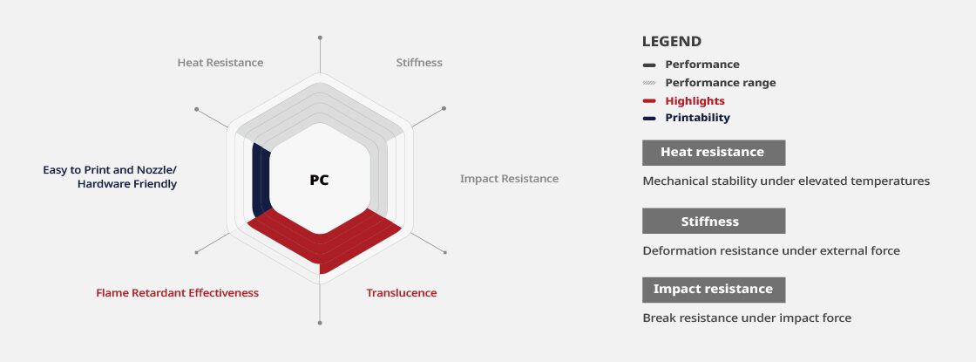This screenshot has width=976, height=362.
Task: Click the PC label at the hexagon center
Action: (x=319, y=180)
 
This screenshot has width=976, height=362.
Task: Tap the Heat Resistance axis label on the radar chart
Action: (x=220, y=62)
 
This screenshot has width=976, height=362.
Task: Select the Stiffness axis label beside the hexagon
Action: (x=419, y=62)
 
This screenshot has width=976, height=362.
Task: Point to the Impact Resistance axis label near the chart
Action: (x=509, y=179)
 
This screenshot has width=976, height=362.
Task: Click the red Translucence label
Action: (x=402, y=293)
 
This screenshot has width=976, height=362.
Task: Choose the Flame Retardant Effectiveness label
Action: (x=178, y=293)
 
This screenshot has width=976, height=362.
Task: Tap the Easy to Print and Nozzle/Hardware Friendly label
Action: (x=110, y=177)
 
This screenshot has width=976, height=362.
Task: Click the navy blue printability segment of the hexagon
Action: (x=261, y=181)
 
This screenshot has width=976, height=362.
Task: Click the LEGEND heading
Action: (x=672, y=42)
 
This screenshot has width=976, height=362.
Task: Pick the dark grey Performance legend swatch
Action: (x=649, y=65)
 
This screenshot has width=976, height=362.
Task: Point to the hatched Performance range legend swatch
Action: (x=649, y=83)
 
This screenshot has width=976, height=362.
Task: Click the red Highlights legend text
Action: (x=695, y=101)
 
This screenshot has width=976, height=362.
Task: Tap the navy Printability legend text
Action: (x=697, y=118)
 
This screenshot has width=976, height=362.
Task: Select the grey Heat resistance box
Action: (x=714, y=153)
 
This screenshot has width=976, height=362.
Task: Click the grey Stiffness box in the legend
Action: (x=714, y=222)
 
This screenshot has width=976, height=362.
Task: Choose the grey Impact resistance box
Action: (x=714, y=290)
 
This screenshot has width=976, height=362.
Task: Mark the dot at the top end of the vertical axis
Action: (x=320, y=38)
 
